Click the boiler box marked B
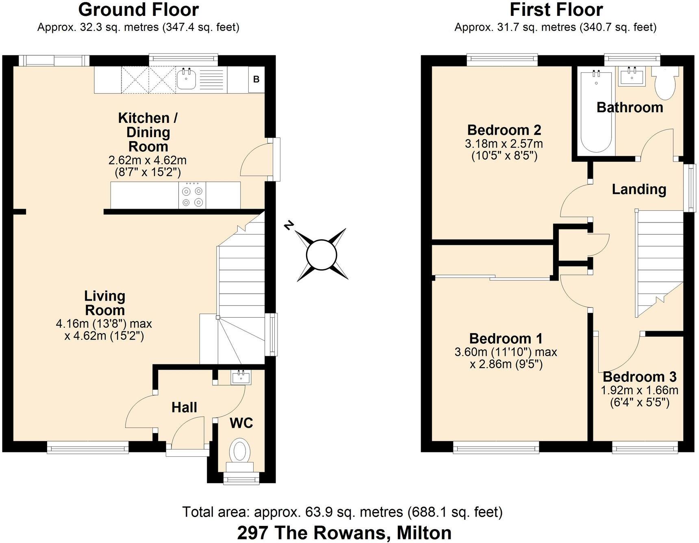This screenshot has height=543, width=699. (256, 79)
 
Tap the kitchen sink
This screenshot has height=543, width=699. (187, 79)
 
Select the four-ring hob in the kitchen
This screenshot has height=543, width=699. (192, 196)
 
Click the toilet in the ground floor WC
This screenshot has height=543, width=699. (239, 451)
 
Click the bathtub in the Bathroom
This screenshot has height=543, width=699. (596, 112)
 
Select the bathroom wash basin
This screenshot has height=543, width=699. (632, 76)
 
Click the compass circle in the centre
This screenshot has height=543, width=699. (321, 255)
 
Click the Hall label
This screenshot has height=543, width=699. (184, 408)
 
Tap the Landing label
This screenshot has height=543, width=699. (639, 190)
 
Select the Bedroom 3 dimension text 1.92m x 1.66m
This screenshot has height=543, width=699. (639, 390)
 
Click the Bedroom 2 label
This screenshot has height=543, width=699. (504, 130)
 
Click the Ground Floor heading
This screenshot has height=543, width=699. (139, 10)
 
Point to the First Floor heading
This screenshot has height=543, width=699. (556, 10)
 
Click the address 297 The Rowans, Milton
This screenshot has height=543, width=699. (344, 532)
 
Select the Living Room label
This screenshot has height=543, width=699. (105, 303)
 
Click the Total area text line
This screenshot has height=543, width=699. (342, 512)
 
